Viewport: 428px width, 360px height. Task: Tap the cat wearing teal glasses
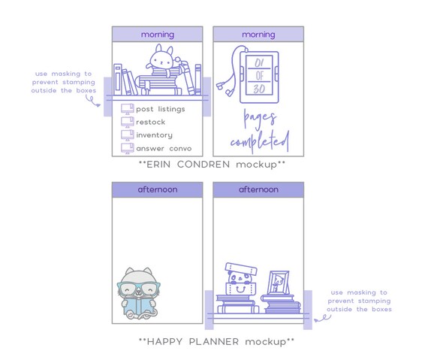coord(139,293)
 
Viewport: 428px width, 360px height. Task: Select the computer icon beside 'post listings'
coord(128,109)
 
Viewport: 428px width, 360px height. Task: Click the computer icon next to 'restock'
coord(128,122)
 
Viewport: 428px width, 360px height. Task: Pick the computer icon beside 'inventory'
coord(128,135)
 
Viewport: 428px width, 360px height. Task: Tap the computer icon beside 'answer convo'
coord(128,148)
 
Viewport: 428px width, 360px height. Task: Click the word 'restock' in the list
coord(151,122)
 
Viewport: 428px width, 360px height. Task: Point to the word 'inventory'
coord(154,135)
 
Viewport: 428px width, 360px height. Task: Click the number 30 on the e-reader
coord(259,89)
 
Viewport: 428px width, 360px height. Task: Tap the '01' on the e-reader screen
coord(259,63)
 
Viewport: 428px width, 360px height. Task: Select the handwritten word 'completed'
coord(260,141)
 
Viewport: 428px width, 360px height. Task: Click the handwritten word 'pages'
coord(260,118)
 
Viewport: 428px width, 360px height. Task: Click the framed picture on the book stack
coord(279,283)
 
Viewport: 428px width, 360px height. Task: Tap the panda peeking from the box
coord(240,279)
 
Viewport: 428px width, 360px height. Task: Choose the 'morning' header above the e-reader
coord(258,35)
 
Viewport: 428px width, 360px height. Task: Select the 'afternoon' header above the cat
coord(158,189)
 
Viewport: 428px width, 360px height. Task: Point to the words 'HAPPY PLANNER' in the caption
coord(193,342)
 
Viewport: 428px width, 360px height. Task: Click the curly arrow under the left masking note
coord(92,101)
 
